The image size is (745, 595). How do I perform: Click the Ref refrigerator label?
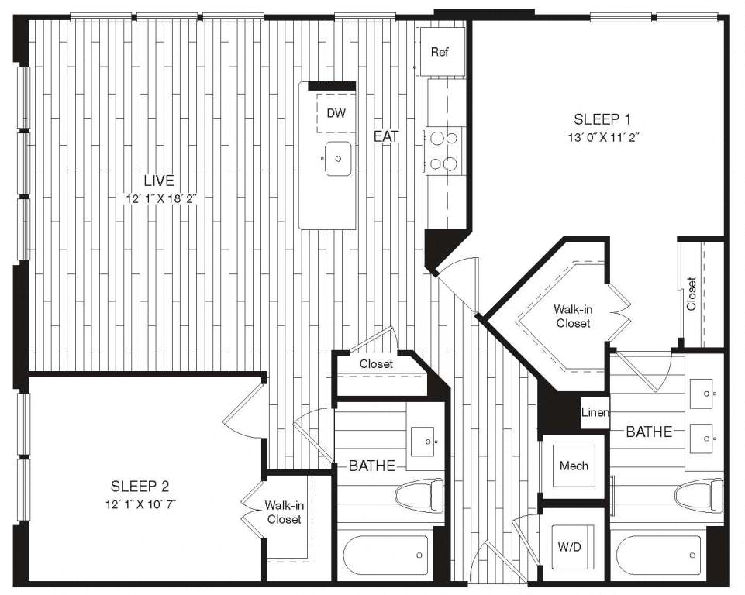click(440, 52)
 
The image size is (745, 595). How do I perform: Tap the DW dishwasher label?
click(336, 113)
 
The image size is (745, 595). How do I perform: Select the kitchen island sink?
click(338, 159)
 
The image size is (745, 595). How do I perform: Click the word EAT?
click(386, 137)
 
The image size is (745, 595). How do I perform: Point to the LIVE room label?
click(159, 181)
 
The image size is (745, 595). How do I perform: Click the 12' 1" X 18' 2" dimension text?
click(161, 199)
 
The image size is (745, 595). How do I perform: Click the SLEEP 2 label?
click(140, 487)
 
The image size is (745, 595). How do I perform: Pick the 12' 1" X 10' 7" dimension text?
click(141, 504)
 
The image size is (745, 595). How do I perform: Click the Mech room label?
click(574, 466)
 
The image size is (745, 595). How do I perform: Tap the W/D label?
click(569, 547)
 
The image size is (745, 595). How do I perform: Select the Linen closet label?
click(595, 412)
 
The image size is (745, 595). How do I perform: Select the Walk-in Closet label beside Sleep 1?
click(573, 316)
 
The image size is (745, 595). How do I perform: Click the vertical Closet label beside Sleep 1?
click(692, 294)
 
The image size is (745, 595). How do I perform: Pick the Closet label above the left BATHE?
click(376, 364)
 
